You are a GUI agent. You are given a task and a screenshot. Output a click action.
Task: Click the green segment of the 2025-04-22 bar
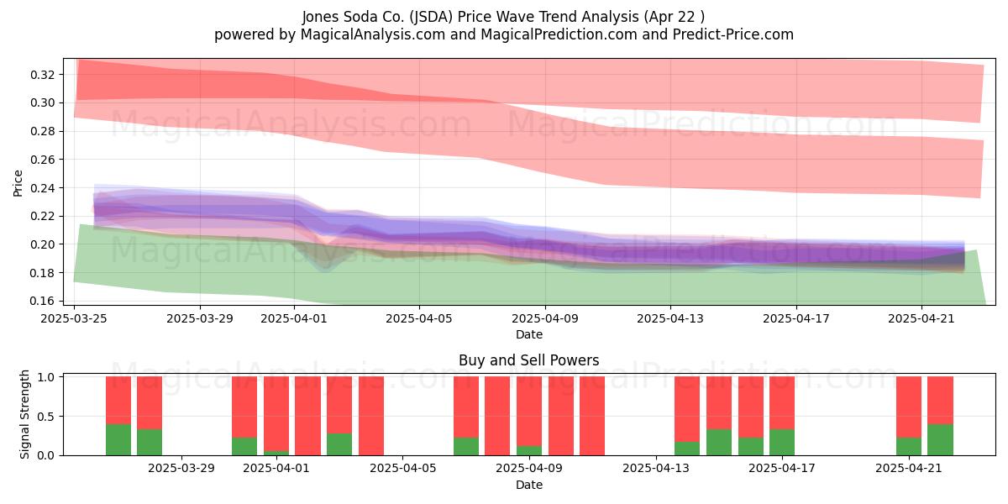pos(940,439)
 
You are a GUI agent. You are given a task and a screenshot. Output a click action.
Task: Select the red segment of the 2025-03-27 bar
pos(150,402)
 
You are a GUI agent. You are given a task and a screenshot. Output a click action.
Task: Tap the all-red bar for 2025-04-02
pos(307,416)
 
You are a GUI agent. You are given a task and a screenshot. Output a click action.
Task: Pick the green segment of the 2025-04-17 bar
pos(782,443)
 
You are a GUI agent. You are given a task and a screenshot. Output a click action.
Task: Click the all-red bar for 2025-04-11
pos(592,416)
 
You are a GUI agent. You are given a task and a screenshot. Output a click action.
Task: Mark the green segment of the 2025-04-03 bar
pos(339,444)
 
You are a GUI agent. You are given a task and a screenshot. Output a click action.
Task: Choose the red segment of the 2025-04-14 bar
pos(687,409)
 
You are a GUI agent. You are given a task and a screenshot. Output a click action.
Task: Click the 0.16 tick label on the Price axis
pos(42,301)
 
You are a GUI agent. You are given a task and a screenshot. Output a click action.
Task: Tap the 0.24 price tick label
pos(42,187)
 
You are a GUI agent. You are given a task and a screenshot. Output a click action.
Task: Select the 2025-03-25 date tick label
pos(74,318)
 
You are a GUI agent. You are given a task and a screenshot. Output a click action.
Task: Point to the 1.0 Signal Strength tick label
pos(46,377)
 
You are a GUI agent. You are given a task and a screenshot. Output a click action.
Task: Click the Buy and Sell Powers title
pos(528,360)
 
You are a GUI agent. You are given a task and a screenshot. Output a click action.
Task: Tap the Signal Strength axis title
pos(24,414)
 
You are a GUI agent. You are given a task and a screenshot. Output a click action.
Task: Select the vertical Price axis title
pos(18,183)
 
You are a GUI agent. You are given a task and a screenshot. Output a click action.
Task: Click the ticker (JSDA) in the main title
pos(431,17)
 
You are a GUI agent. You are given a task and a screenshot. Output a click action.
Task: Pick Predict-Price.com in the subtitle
pos(733,34)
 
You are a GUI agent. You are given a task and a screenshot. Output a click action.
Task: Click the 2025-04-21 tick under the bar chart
pos(909,456)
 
